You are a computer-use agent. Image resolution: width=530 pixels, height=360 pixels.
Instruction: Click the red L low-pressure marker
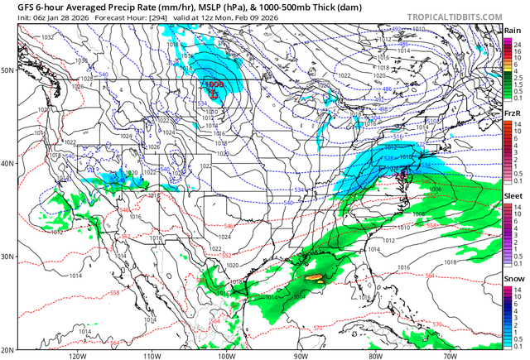coord(212,93)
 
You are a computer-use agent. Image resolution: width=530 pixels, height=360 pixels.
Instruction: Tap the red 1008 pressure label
coord(215,84)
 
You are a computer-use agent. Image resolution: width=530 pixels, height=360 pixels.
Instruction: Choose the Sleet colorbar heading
coord(513,195)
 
